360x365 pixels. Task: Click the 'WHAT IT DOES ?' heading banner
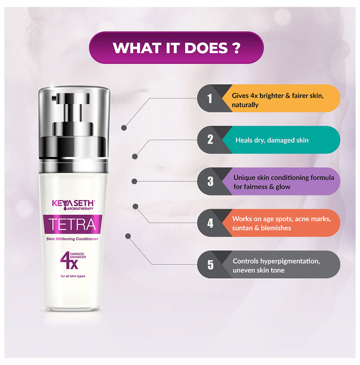pos(176,48)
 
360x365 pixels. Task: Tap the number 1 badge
pos(210,99)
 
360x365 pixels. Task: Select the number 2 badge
pos(210,140)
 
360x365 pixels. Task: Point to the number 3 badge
pos(210,181)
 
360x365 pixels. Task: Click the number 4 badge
pos(210,223)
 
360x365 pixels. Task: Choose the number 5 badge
pos(210,265)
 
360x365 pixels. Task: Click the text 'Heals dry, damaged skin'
pos(272,140)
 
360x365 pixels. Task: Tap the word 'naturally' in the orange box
pos(245,105)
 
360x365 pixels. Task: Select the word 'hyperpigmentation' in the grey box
pos(290,261)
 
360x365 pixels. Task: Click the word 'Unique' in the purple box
pos(244,178)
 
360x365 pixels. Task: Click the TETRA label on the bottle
pos(73,224)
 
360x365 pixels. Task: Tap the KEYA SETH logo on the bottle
pos(73,204)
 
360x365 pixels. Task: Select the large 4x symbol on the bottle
pos(69,260)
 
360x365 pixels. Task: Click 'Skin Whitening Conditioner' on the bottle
pos(72,239)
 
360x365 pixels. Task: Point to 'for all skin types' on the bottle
pos(73,276)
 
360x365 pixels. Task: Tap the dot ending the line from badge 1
pos(124,128)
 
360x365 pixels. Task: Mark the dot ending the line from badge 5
pos(128,236)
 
